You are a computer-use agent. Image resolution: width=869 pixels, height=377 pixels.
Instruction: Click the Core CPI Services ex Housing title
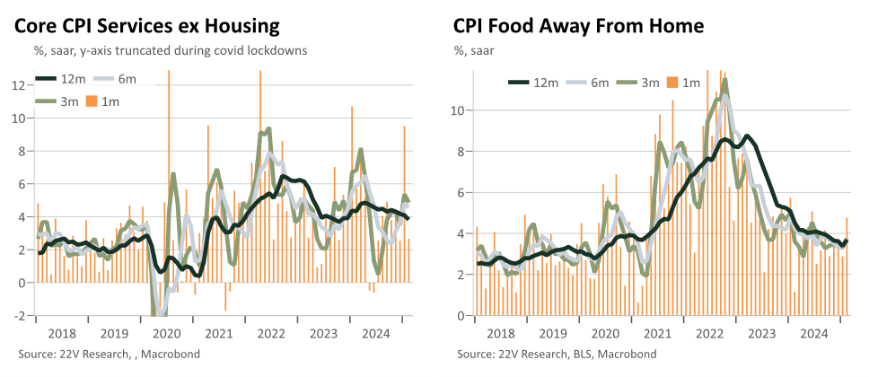point(147,26)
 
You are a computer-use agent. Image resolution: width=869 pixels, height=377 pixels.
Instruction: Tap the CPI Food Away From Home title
point(579,26)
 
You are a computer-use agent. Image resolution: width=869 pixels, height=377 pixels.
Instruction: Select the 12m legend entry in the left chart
point(61,79)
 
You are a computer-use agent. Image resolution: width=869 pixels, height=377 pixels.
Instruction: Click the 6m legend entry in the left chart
point(114,79)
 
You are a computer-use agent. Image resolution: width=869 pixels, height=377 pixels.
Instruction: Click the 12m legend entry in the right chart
point(534,83)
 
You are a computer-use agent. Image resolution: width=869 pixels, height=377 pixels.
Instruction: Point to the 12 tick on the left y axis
point(21,85)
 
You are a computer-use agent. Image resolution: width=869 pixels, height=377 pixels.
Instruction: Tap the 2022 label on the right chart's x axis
point(709,333)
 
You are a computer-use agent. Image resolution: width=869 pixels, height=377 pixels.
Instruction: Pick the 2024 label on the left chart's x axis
point(375,333)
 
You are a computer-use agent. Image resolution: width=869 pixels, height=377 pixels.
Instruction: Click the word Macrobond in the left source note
point(171,354)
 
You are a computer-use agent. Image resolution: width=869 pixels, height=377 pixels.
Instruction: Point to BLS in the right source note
point(583,354)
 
